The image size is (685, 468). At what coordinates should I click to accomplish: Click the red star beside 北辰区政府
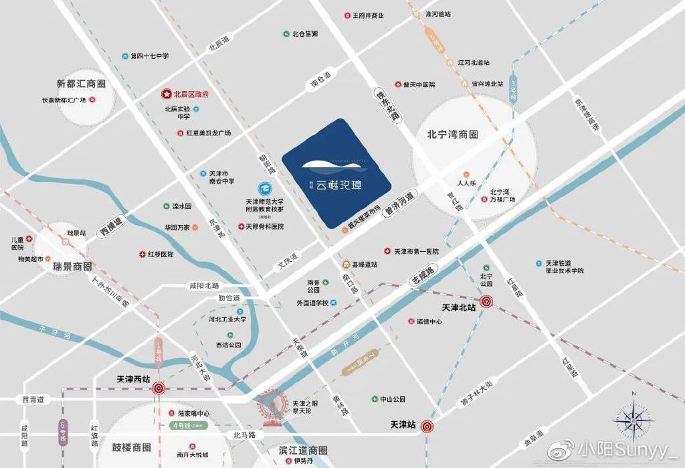[167, 94]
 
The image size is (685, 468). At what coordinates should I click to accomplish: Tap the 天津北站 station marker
[487, 302]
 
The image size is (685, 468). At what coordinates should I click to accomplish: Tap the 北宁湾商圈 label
[453, 134]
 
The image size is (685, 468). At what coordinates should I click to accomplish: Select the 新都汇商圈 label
[82, 84]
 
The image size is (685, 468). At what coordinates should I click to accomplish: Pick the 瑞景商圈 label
[72, 266]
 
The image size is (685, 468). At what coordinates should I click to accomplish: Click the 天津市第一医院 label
[416, 252]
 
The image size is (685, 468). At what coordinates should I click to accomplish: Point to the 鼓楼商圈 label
[131, 447]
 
